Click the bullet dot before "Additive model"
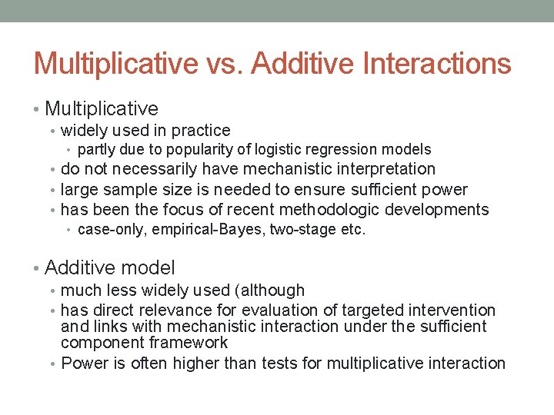tap(38, 268)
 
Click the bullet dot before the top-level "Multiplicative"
tap(38, 109)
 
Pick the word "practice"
tap(201, 131)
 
